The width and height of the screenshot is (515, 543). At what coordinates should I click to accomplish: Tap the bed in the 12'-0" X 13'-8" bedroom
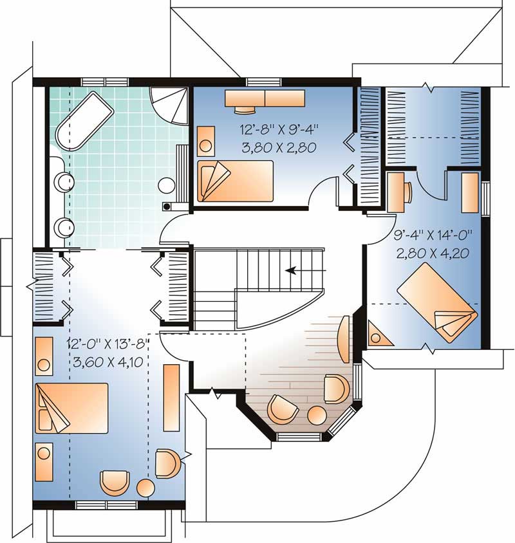[x=71, y=408]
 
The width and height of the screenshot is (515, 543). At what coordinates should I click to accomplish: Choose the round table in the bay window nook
[x=316, y=415]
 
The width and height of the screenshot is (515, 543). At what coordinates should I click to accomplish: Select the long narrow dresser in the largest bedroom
[x=171, y=397]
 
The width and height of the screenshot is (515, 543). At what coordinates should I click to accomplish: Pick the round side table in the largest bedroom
[x=145, y=487]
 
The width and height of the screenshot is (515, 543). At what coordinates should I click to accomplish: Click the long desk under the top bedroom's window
[x=264, y=98]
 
